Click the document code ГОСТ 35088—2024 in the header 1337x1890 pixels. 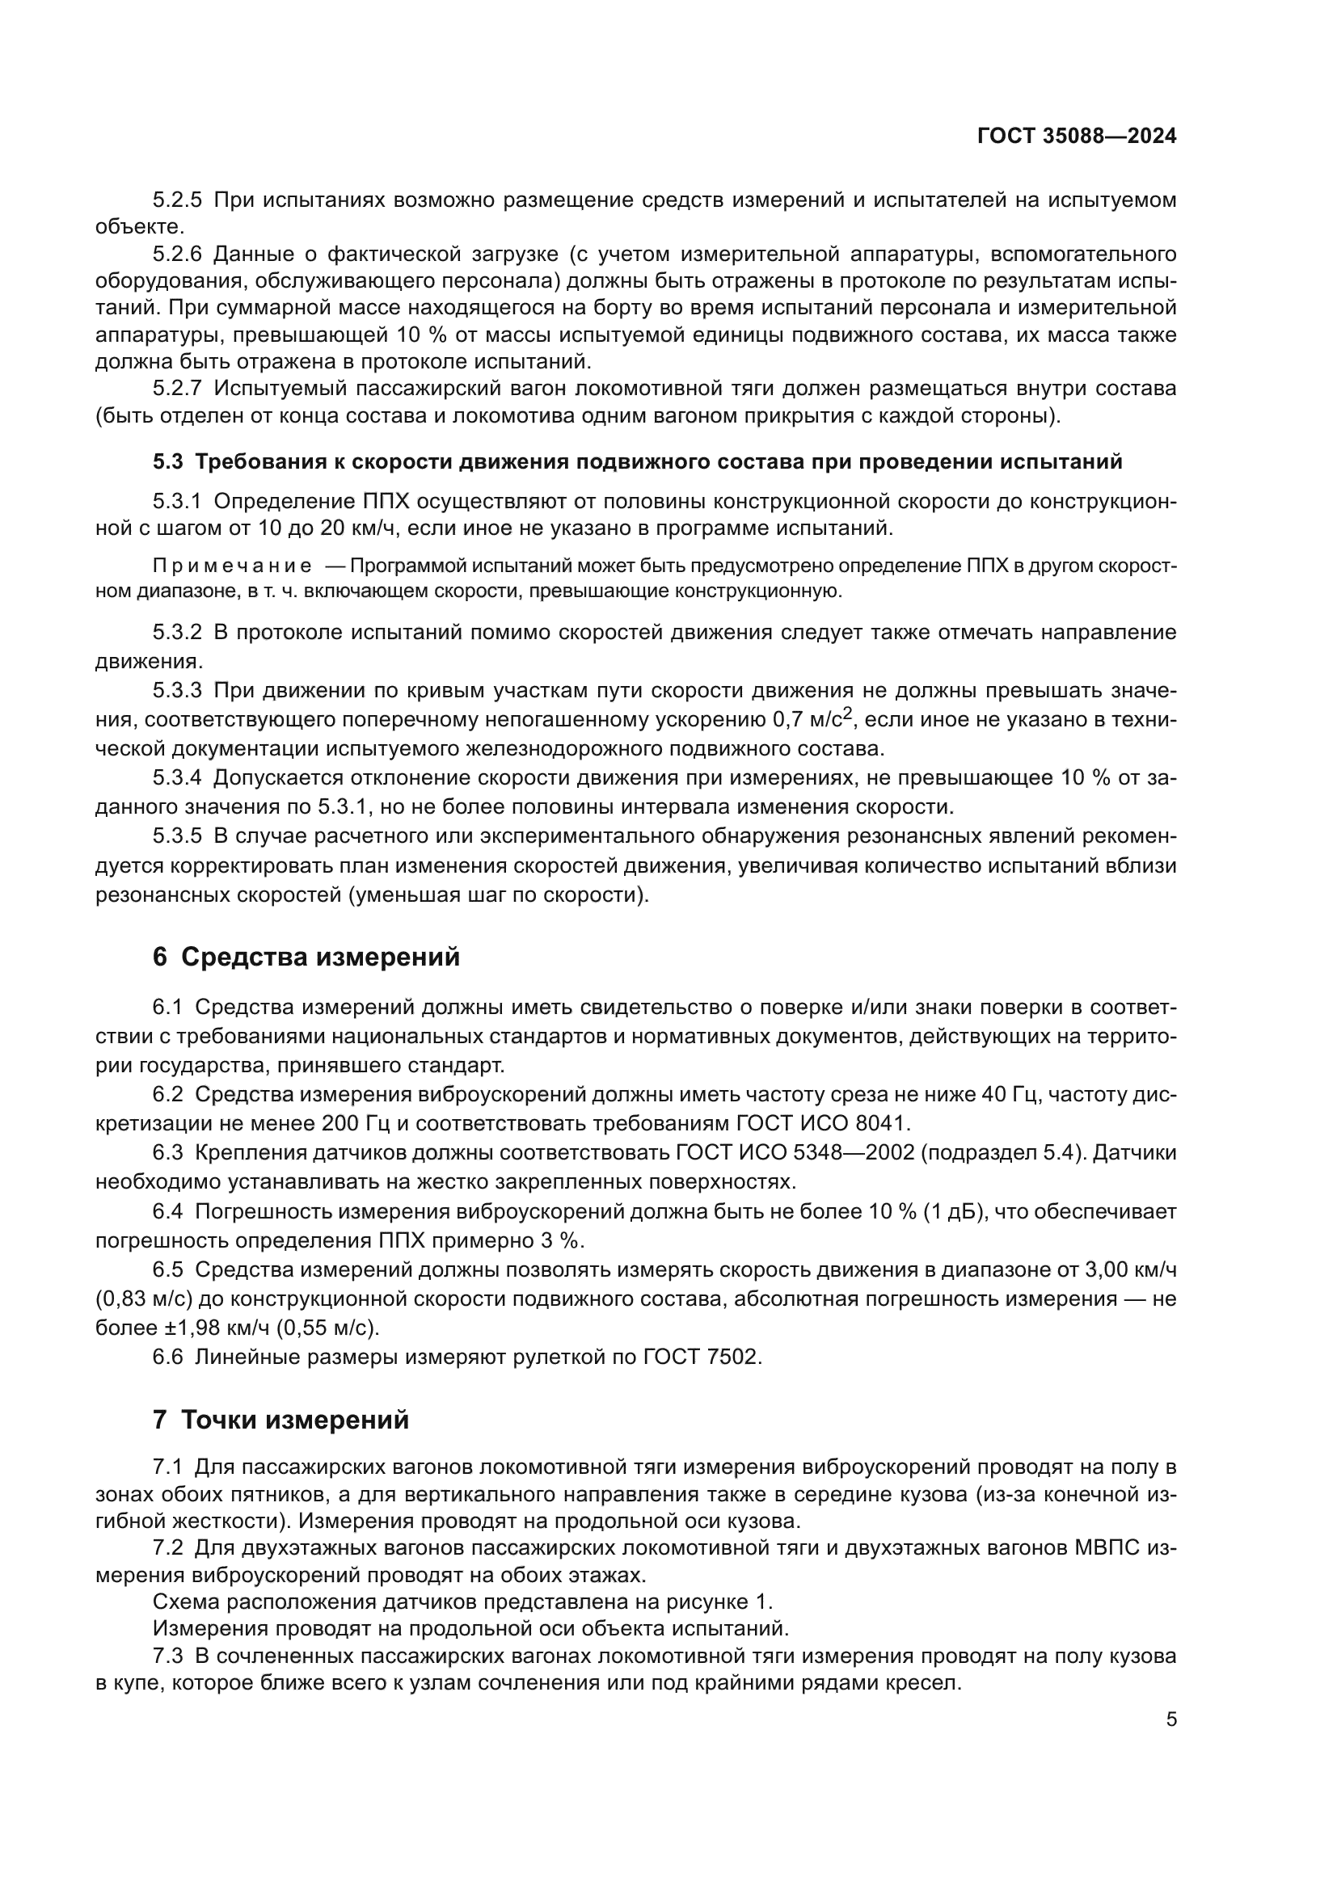click(1077, 137)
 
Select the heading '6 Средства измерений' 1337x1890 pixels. click(306, 958)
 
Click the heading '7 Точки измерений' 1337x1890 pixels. click(280, 1420)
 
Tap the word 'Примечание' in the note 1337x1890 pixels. click(232, 566)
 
